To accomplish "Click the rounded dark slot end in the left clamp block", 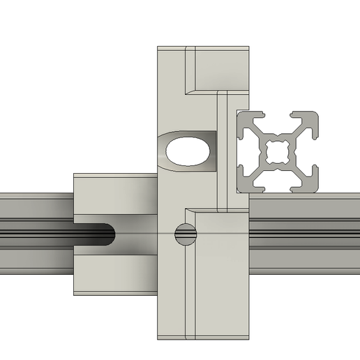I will [x=105, y=235].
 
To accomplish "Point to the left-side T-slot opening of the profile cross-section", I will [x=241, y=151].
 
